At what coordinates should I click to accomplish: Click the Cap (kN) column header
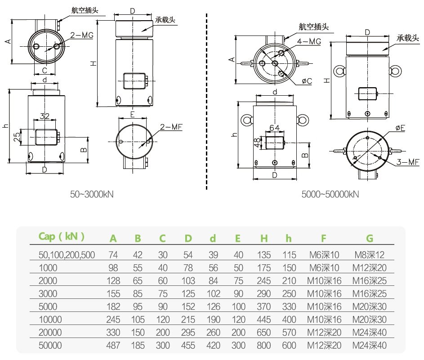point(62,236)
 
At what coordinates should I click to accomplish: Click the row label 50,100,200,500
point(67,255)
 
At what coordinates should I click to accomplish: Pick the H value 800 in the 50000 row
point(264,346)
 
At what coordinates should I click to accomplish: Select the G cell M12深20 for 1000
point(369,268)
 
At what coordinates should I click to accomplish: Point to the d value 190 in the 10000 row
point(213,320)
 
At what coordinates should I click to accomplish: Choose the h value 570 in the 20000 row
point(290,333)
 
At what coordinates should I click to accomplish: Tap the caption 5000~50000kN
point(330,194)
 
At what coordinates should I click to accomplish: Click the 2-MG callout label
point(82,36)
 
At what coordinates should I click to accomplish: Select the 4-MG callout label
point(310,41)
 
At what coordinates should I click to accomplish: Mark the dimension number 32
point(45,116)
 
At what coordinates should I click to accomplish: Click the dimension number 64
point(274,128)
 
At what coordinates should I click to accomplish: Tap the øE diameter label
point(400,128)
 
